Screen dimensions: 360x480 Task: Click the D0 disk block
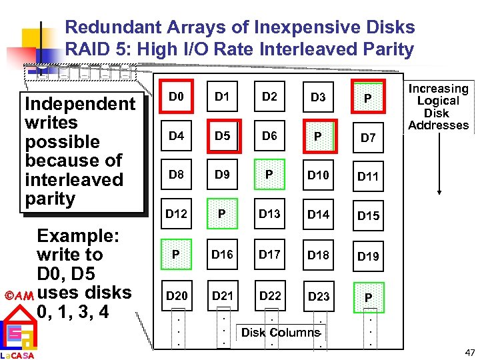pyautogui.click(x=176, y=97)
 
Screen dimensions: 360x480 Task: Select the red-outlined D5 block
pyautogui.click(x=223, y=137)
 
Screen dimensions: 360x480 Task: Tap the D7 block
pyautogui.click(x=368, y=138)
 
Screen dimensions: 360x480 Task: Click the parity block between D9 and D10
pyautogui.click(x=269, y=175)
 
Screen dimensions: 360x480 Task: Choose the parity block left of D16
pyautogui.click(x=175, y=254)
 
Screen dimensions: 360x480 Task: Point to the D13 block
pyautogui.click(x=269, y=215)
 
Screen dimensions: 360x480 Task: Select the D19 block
pyautogui.click(x=368, y=256)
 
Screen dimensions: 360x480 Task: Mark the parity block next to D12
pyautogui.click(x=223, y=215)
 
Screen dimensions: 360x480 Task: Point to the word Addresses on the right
pyautogui.click(x=438, y=125)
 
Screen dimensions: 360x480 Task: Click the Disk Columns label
pyautogui.click(x=281, y=333)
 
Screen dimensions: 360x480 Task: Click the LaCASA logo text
pyautogui.click(x=17, y=355)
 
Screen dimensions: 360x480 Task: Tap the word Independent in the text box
pyautogui.click(x=79, y=104)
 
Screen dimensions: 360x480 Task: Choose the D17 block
pyautogui.click(x=269, y=254)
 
